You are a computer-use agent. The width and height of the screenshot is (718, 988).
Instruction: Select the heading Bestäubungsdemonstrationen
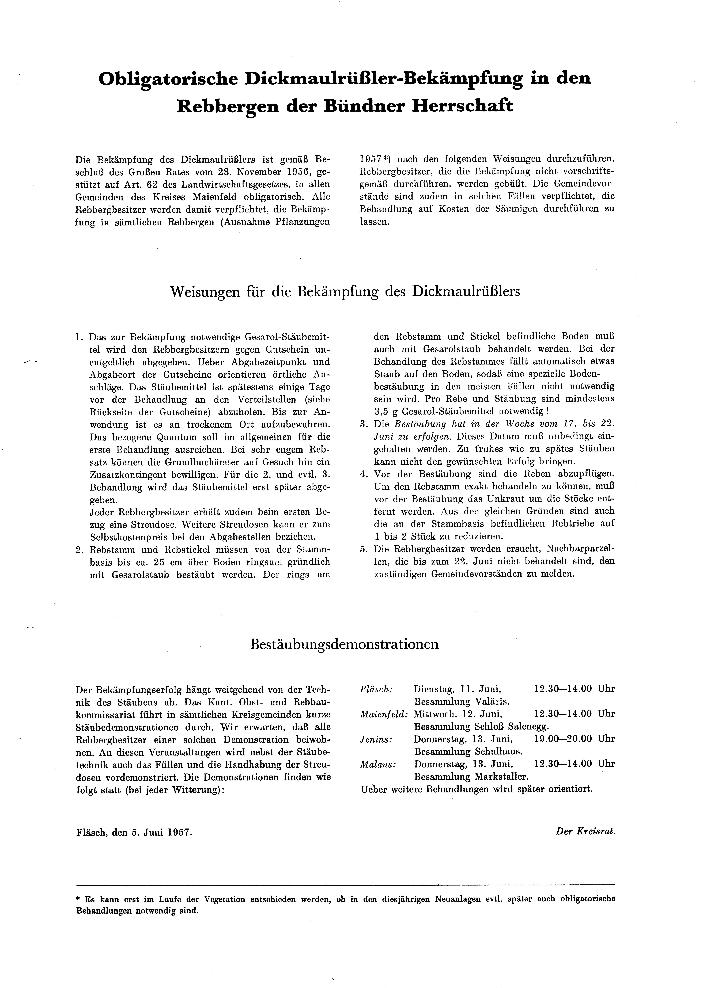344,644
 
